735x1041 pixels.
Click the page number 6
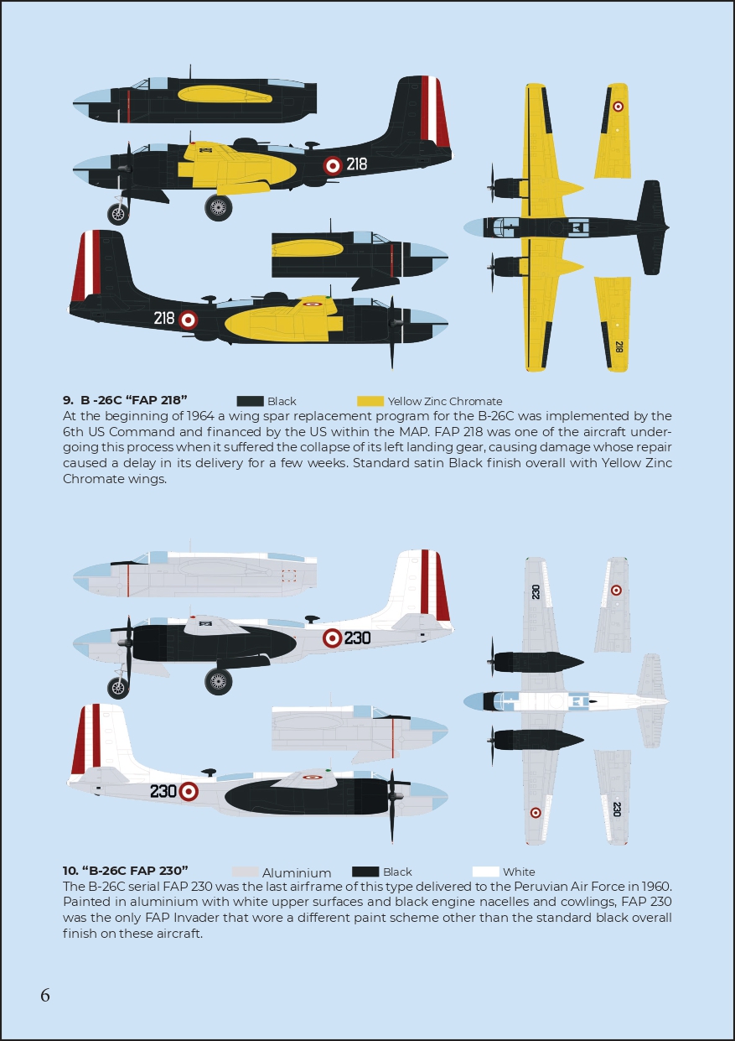[45, 995]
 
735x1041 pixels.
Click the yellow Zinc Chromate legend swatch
[370, 401]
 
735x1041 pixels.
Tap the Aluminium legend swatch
[245, 872]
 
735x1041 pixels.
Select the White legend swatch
[485, 872]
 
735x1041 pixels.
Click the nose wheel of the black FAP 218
[118, 214]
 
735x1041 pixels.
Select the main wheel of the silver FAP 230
[218, 682]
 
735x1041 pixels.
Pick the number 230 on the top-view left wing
[536, 591]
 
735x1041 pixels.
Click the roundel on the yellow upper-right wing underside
[618, 107]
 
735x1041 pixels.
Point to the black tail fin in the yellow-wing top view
[652, 227]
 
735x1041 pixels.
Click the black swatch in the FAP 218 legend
[250, 401]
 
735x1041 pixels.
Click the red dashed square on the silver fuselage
[289, 576]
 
